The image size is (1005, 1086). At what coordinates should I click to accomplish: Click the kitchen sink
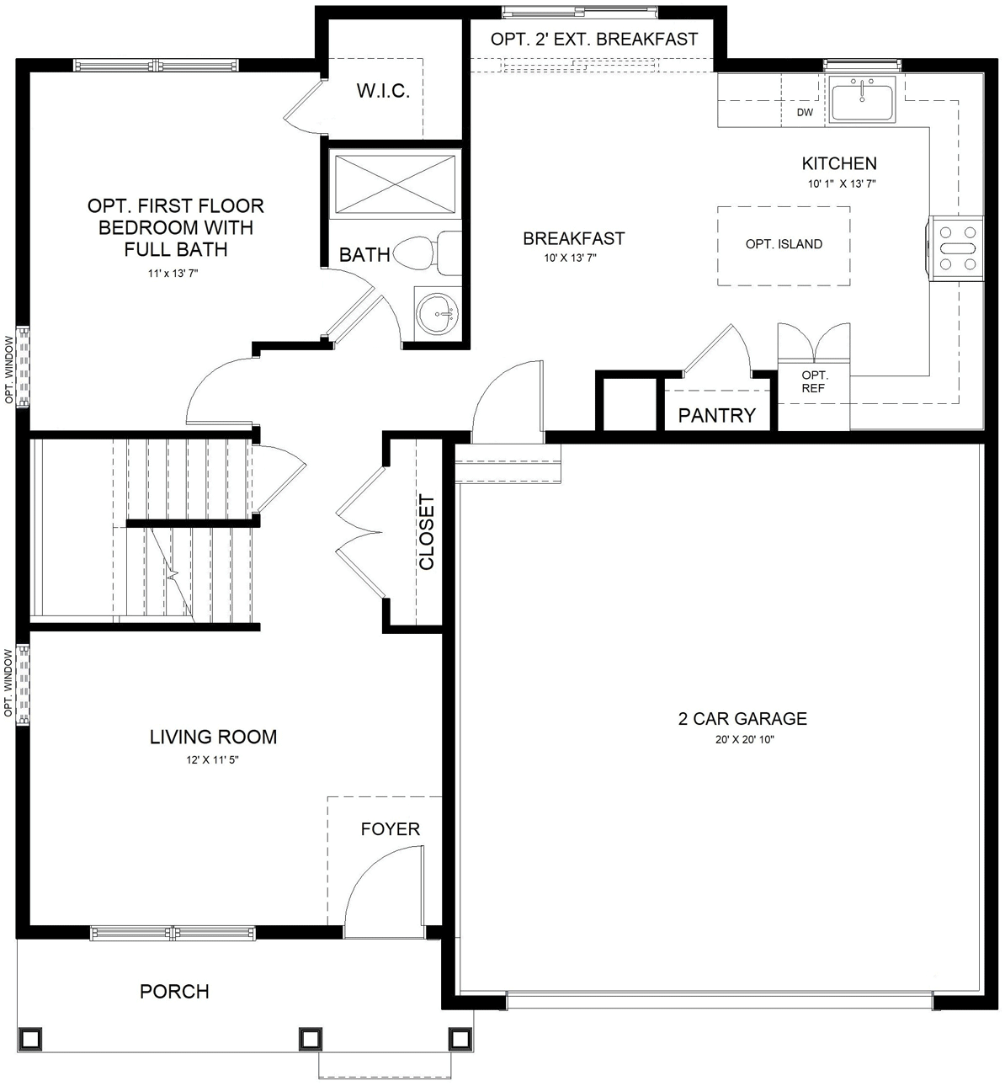click(863, 99)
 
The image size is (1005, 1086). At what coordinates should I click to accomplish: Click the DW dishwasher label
click(805, 112)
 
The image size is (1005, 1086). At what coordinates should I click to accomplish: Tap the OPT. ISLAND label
click(784, 244)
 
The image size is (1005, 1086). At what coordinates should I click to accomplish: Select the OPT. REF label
click(814, 381)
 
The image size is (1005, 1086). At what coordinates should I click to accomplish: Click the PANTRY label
click(717, 415)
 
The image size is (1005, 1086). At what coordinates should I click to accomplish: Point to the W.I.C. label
click(383, 91)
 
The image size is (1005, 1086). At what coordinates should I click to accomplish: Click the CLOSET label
click(427, 532)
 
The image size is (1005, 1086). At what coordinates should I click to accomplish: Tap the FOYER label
click(390, 829)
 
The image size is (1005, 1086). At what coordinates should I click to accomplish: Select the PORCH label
click(174, 992)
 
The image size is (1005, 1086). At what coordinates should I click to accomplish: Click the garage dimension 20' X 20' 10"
click(742, 740)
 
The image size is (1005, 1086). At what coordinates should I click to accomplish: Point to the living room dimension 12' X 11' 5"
click(213, 759)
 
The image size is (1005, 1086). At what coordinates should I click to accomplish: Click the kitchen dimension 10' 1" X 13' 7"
click(839, 184)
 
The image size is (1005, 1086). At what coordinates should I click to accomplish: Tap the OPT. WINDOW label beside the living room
click(9, 683)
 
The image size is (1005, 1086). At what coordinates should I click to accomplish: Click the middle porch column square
click(310, 1037)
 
